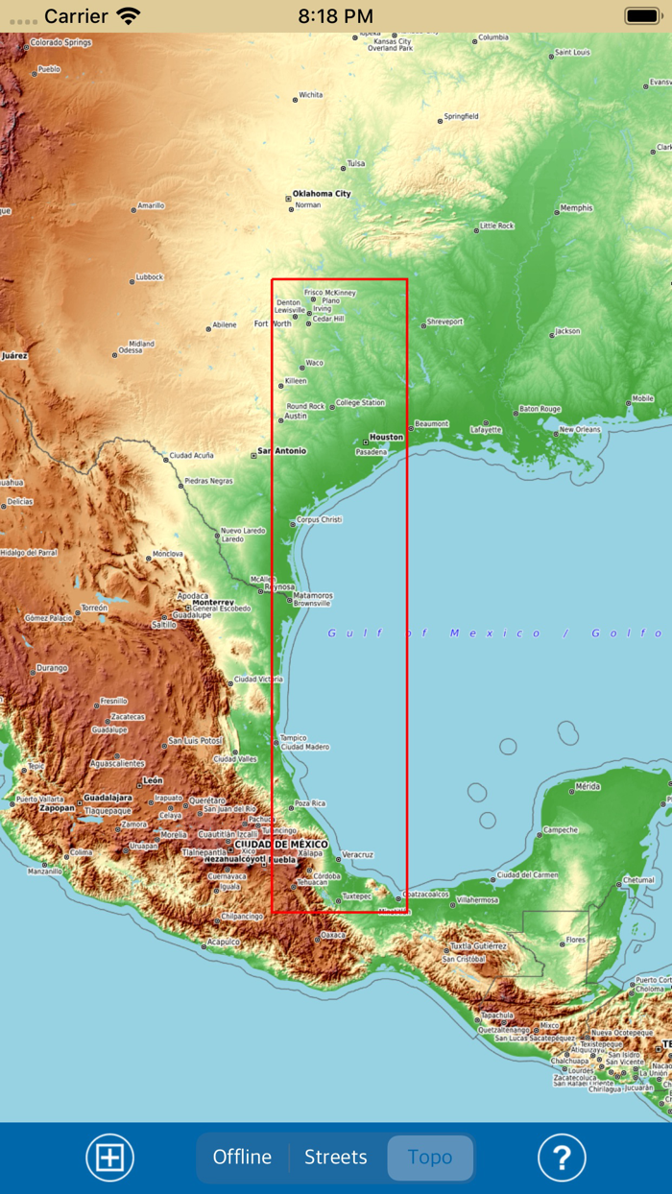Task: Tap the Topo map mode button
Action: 430,1158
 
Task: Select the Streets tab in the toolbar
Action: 336,1158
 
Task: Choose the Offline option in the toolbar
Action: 242,1158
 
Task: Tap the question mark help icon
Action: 562,1158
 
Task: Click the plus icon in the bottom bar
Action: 110,1158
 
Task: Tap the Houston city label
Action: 386,437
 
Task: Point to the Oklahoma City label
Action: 322,194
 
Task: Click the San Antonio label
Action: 283,451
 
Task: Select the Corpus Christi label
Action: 320,519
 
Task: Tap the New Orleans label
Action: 580,429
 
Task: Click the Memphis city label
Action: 576,208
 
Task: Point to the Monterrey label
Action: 205,602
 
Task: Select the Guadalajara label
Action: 108,798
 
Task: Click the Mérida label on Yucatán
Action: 587,786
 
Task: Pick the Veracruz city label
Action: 357,854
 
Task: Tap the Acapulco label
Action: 224,942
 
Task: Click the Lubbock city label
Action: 150,277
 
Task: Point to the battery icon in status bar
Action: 642,15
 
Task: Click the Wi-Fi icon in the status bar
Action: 128,15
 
